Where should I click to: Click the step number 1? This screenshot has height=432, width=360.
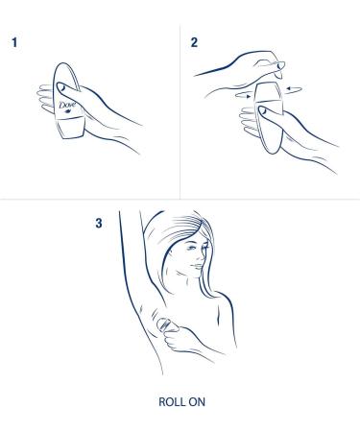[x=14, y=45]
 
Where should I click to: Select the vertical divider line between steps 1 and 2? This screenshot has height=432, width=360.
[x=180, y=106]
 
